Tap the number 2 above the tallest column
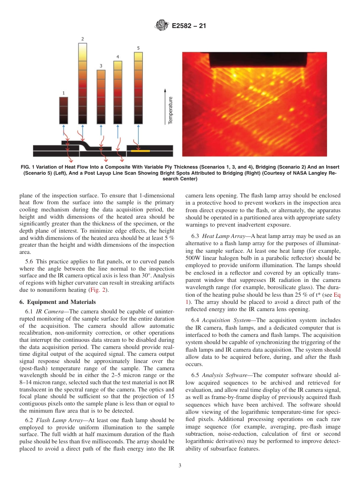point(83,39)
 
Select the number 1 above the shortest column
point(64,92)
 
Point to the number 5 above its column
point(138,48)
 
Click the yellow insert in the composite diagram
point(140,151)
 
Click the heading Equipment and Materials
point(58,302)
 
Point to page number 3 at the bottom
point(180,465)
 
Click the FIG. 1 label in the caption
point(30,167)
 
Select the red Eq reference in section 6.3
point(337,295)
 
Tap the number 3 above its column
point(101,66)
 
